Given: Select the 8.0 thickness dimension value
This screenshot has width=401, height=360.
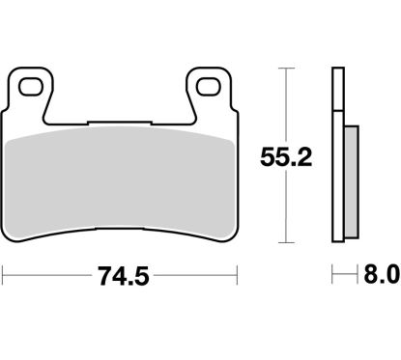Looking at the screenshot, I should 379,274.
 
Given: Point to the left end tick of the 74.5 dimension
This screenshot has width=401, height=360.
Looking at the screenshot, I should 6,274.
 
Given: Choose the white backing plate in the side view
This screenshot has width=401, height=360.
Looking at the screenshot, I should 336,154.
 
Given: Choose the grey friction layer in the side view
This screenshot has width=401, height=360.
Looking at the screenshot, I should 345,183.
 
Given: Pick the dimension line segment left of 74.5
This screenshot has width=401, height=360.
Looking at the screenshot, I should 48,274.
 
